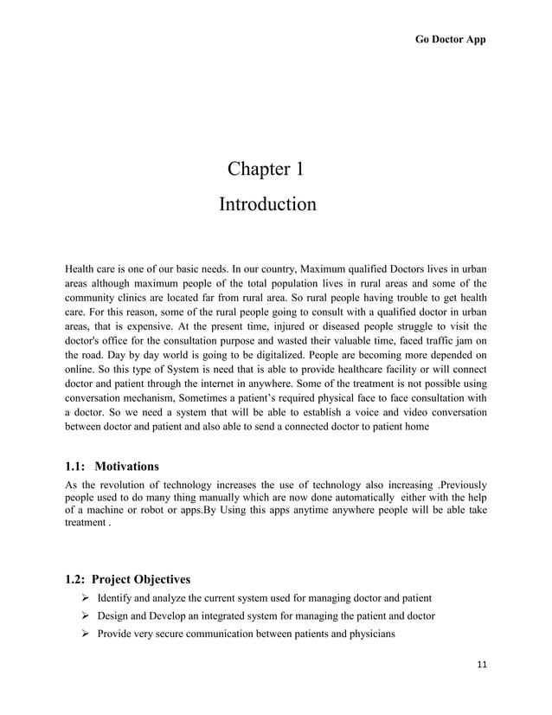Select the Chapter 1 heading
coord(266,168)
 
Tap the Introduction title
coord(266,204)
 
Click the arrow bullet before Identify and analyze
coord(85,598)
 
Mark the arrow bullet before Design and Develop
coord(85,616)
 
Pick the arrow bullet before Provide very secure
coord(85,634)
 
